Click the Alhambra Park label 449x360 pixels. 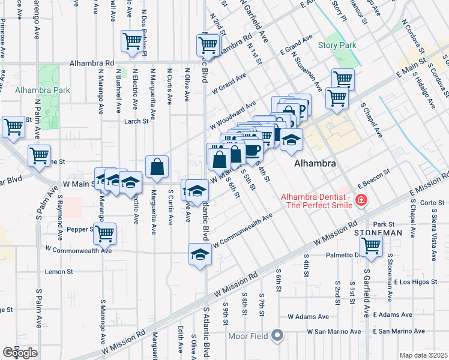tap(42, 90)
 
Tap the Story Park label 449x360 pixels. tap(337, 45)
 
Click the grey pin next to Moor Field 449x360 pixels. tap(277, 335)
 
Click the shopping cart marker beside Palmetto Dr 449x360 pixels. tap(371, 245)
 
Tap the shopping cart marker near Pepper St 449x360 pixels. tap(106, 233)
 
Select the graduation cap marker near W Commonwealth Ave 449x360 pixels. tap(200, 254)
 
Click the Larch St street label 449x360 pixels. tap(136, 121)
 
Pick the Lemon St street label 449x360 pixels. tap(59, 271)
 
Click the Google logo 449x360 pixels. tap(20, 352)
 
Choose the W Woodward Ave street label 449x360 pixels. tap(234, 114)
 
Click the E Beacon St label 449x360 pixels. tap(373, 179)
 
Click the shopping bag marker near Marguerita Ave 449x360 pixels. tap(157, 168)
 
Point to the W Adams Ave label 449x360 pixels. tap(308, 316)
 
